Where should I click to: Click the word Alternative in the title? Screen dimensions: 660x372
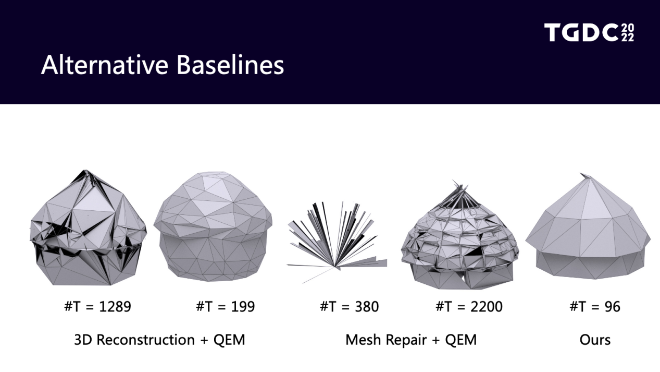tap(105, 65)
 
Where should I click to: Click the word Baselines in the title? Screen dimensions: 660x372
tap(230, 65)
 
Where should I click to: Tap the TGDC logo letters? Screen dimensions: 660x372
tap(581, 32)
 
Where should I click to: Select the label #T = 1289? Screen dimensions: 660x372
tap(97, 306)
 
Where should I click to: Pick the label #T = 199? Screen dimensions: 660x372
tap(226, 306)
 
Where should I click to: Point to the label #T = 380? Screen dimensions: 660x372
tap(349, 306)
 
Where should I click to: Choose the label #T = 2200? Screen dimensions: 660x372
tap(469, 306)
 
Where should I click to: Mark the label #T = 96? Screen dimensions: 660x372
tap(595, 306)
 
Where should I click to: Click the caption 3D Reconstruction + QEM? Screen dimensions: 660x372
tap(159, 340)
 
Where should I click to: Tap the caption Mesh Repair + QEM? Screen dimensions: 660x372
tap(411, 340)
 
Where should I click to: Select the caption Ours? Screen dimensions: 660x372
tap(595, 340)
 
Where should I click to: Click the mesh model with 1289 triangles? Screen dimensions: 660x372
tap(88, 228)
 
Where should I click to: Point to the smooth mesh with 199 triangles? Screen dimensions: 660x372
tap(213, 226)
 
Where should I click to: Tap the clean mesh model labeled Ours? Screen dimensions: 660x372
tap(588, 226)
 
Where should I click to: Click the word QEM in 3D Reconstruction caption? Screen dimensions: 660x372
tap(229, 340)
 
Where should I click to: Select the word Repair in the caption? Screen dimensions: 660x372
tap(406, 340)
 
